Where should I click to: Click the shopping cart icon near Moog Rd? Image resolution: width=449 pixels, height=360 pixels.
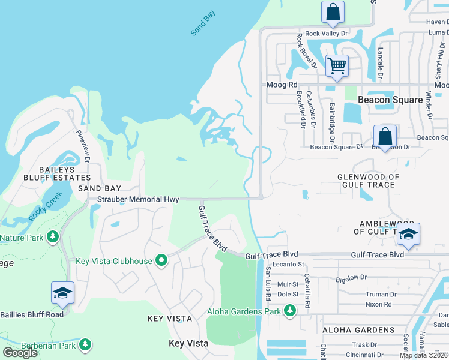[337, 65]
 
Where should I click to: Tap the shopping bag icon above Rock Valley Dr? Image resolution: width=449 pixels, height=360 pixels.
[332, 12]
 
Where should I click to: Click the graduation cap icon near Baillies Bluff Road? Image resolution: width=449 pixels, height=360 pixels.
[62, 293]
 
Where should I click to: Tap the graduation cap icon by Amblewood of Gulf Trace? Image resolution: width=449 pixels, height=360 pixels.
[408, 234]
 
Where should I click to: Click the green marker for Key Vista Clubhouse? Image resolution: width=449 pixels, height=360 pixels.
[161, 260]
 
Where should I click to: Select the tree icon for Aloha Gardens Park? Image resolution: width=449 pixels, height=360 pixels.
[290, 311]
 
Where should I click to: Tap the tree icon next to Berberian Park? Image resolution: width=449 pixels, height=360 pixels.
[85, 344]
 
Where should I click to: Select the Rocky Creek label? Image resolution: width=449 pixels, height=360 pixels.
[41, 207]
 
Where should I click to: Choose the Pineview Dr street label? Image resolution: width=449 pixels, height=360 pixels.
[82, 147]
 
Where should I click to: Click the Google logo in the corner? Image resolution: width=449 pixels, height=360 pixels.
[20, 353]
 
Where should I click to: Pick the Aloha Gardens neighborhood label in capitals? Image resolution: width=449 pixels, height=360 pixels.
[358, 330]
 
